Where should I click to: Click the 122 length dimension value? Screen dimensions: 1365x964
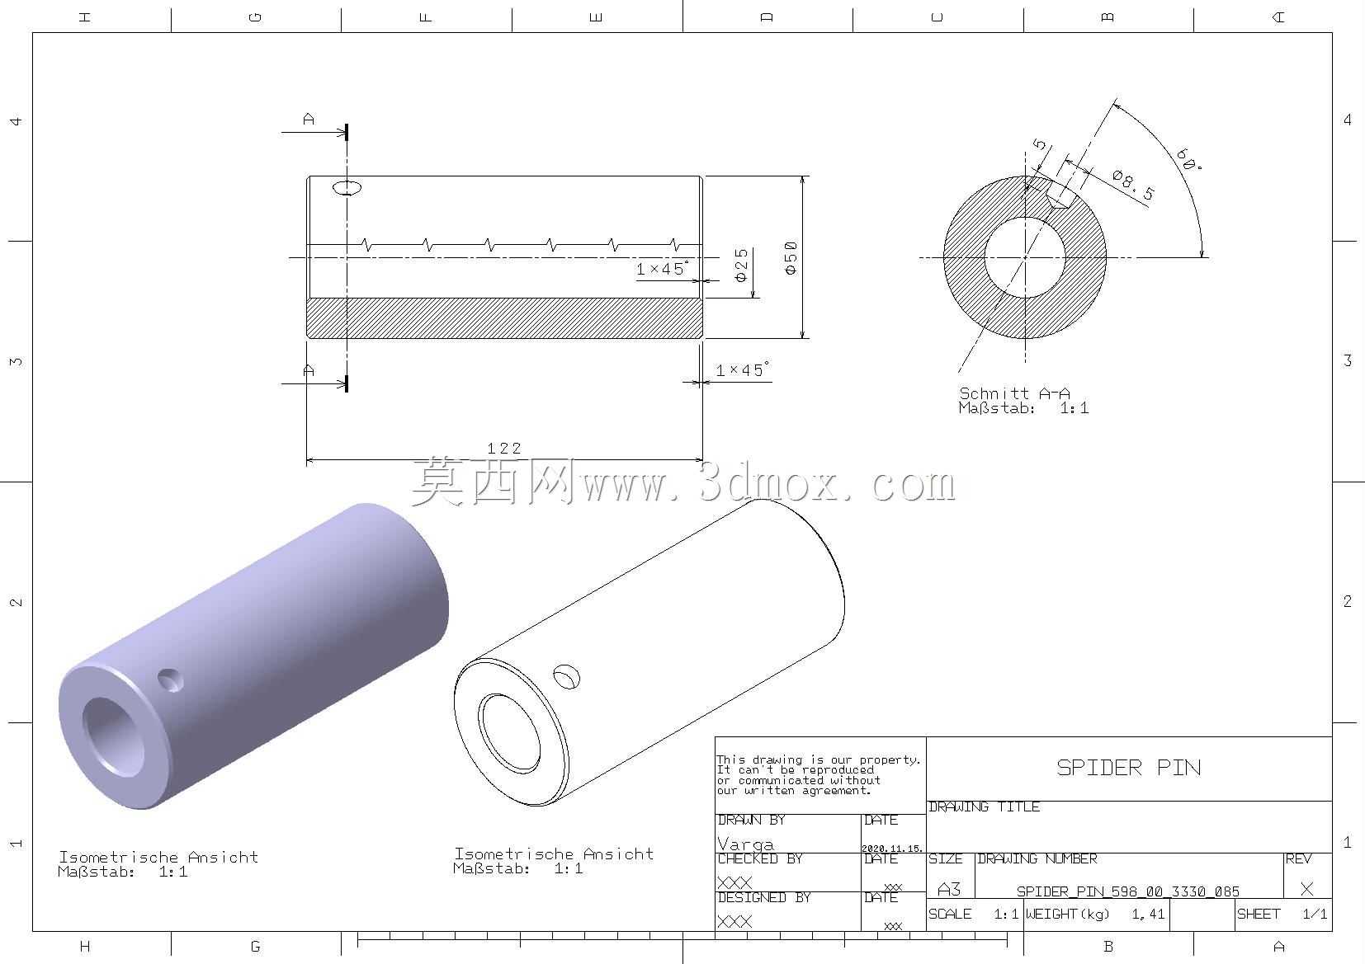[504, 449]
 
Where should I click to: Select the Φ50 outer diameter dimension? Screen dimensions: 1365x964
[791, 257]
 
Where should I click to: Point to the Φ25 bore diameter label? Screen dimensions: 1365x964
[741, 265]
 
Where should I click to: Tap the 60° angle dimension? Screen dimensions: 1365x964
[1188, 159]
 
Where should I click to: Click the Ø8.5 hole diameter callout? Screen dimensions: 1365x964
[1133, 185]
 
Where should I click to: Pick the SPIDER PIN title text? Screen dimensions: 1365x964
[1129, 767]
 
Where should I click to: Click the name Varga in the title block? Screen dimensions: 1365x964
[745, 844]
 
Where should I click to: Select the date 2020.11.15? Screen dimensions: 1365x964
[892, 849]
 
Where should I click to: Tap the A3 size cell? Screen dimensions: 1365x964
[949, 890]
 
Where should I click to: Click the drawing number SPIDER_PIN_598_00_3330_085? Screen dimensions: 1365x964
[1128, 891]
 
